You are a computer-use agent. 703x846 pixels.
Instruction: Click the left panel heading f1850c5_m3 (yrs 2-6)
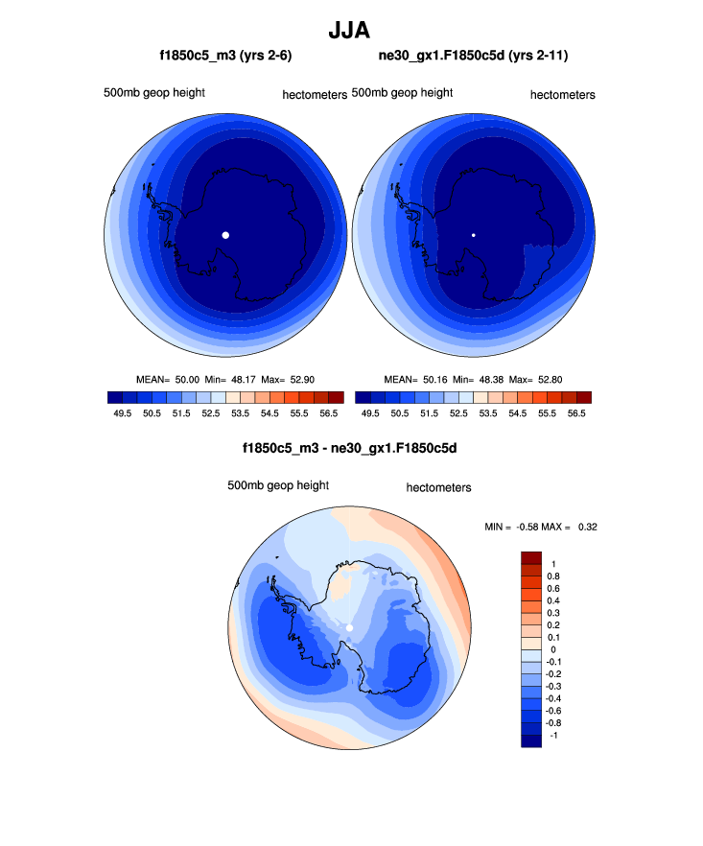[x=225, y=57]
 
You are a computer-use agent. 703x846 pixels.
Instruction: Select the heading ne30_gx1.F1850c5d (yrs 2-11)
[x=473, y=57]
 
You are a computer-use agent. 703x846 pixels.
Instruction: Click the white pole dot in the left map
[x=225, y=235]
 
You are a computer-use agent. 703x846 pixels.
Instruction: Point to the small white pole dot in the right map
[x=473, y=235]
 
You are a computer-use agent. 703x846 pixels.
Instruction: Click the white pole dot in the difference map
[x=350, y=627]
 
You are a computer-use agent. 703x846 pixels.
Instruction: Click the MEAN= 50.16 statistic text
[x=415, y=380]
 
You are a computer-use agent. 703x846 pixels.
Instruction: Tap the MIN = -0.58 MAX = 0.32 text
[x=543, y=527]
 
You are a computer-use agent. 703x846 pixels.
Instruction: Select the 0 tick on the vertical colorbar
[x=552, y=649]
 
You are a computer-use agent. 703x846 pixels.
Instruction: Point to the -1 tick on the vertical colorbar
[x=552, y=735]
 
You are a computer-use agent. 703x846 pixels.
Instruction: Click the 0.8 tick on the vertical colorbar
[x=553, y=576]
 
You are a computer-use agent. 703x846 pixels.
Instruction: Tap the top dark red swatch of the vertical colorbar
[x=531, y=557]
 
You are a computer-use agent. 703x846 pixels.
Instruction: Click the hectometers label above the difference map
[x=438, y=488]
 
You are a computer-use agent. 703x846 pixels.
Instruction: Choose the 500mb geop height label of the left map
[x=154, y=93]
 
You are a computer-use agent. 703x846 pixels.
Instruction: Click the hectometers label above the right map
[x=562, y=95]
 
